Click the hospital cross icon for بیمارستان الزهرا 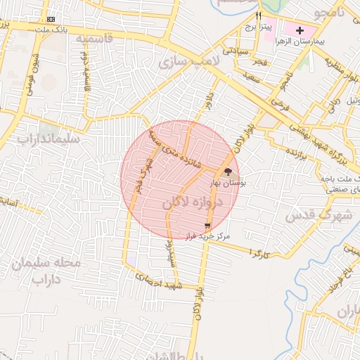coord(300,31)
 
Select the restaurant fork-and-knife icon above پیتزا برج coord(258,15)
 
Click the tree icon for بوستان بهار coord(227,172)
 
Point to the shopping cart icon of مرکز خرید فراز coord(206,226)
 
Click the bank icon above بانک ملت coord(51,19)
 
